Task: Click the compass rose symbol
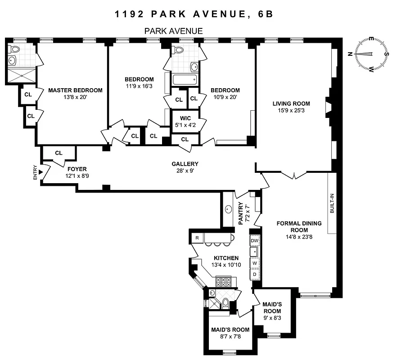[371, 54]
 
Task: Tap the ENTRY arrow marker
[41, 172]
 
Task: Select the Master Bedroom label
[75, 90]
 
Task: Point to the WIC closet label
[185, 118]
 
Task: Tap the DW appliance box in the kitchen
[255, 241]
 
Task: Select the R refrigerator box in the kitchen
[197, 238]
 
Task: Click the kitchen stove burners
[224, 282]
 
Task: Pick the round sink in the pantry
[228, 209]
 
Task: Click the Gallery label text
[185, 164]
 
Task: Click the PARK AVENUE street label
[173, 31]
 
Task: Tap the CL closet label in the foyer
[59, 153]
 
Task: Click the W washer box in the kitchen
[255, 263]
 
